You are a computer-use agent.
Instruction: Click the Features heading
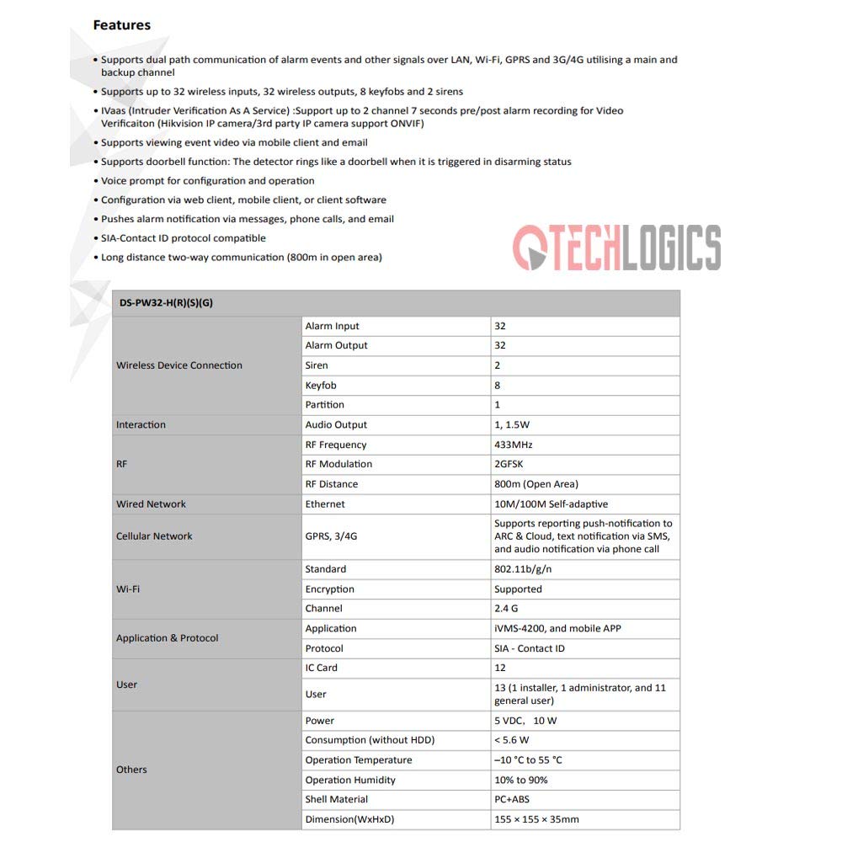click(121, 25)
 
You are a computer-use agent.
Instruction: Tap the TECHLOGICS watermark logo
click(616, 248)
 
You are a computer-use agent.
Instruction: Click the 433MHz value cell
click(514, 445)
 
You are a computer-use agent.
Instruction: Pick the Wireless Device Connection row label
click(179, 365)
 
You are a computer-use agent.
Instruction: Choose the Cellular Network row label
click(154, 536)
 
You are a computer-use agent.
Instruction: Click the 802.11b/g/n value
click(523, 569)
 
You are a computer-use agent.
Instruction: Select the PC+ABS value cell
click(512, 799)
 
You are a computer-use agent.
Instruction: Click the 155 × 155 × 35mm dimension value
click(536, 819)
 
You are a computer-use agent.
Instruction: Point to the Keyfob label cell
click(321, 386)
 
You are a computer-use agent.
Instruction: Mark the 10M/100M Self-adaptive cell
click(551, 504)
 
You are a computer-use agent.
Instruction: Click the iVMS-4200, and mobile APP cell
click(557, 629)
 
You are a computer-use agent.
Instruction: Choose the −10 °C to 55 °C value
click(528, 760)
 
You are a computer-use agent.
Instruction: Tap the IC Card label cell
click(321, 668)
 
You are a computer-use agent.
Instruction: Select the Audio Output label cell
click(336, 425)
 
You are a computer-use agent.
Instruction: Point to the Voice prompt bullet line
click(207, 181)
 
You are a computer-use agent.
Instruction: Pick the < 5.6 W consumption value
click(512, 740)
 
